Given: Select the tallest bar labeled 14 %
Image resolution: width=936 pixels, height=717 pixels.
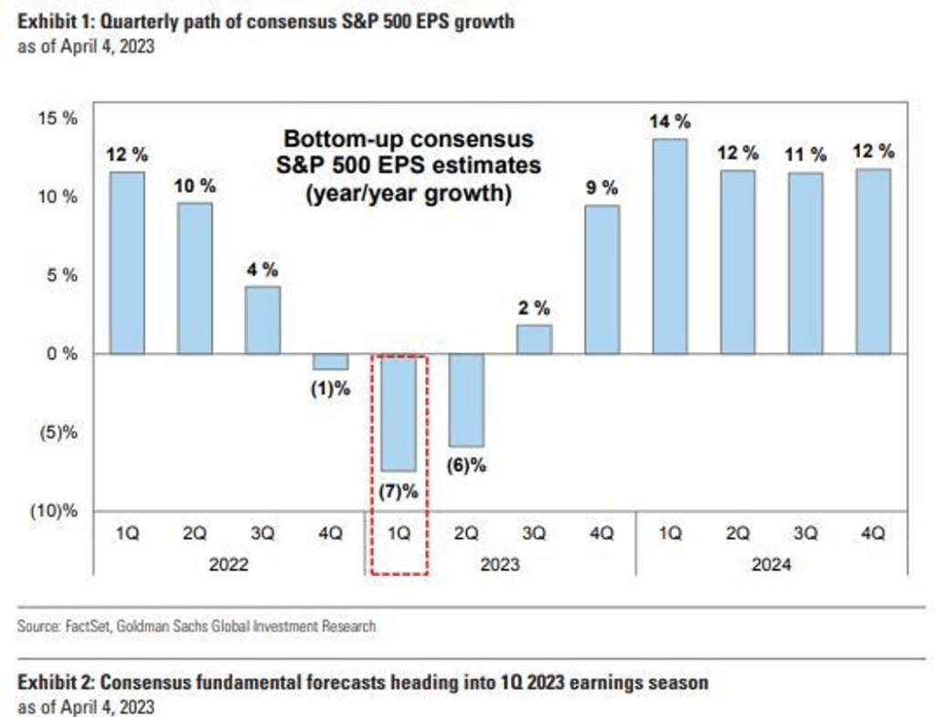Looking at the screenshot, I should coord(670,246).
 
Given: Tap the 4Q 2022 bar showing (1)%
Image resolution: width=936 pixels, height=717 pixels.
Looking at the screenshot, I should coord(330,361).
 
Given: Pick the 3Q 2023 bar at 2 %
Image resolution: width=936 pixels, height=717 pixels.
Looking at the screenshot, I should coord(535,339).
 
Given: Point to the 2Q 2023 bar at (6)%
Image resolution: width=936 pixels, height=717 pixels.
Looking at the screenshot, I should coord(466,400).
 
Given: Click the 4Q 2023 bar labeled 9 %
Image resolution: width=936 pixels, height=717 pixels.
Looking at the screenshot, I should coord(602,279).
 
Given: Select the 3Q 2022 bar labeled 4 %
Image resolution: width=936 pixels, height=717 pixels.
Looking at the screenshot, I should coord(262,320).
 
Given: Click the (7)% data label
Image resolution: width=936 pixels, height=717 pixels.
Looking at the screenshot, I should coord(399,491).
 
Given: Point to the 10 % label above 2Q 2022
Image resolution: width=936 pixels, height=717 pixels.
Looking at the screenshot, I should coord(195,186).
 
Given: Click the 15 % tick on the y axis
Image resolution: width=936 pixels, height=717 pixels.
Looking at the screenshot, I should coord(58,119).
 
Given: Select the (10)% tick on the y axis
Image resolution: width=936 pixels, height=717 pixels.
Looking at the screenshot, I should coord(55,511).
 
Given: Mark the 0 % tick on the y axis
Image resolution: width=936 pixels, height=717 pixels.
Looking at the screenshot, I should coord(60,354).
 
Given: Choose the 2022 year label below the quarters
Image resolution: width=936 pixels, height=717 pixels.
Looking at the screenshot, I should coord(229,565).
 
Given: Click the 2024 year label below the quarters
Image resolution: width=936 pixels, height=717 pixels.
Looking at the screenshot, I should coord(771,565).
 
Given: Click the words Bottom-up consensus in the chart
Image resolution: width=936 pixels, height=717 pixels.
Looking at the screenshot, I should coord(409,140).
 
